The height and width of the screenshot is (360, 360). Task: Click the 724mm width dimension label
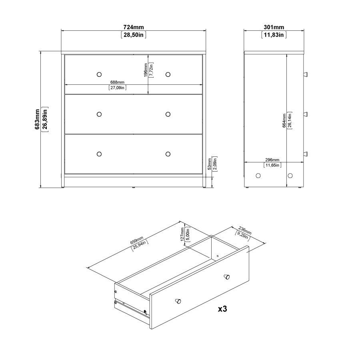coord(134,27)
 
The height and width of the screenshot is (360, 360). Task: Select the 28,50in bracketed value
coord(134,35)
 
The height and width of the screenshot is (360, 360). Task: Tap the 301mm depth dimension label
coord(274,27)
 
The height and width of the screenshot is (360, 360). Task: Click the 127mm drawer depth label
coord(182,234)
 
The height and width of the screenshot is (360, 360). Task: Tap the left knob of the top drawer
coord(99,74)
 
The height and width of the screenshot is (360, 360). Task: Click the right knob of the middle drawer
coord(168,114)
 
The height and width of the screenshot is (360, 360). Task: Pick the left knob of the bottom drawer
coord(99,154)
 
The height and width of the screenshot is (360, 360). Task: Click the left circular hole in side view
coord(257,176)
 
